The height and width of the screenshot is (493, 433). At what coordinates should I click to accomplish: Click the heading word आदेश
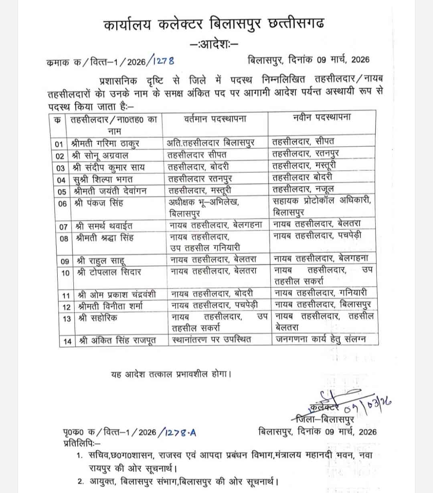[x=214, y=43]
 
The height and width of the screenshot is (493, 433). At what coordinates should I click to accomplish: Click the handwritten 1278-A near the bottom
[x=178, y=432]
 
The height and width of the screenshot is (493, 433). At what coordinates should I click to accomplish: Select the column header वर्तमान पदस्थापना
[x=215, y=119]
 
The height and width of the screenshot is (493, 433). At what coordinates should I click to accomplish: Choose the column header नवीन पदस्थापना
[x=322, y=117]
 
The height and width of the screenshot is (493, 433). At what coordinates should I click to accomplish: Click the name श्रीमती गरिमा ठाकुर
[x=105, y=143]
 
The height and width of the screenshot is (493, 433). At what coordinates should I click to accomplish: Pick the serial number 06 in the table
[x=62, y=204]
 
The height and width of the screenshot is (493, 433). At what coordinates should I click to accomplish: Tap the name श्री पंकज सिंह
[x=99, y=203]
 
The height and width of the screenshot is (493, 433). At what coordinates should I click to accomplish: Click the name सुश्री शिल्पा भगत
[x=103, y=179]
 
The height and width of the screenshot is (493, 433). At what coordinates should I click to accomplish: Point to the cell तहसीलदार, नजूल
[x=303, y=189]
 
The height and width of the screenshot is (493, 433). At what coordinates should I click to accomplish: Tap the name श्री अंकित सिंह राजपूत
[x=117, y=341]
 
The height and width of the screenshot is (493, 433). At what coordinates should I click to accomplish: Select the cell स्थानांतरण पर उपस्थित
[x=211, y=339]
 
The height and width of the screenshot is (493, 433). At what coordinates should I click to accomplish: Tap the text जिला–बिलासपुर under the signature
[x=324, y=419]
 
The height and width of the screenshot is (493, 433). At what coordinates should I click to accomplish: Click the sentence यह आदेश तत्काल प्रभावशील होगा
[x=171, y=374]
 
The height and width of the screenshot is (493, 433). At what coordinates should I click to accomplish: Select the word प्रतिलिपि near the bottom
[x=82, y=443]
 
